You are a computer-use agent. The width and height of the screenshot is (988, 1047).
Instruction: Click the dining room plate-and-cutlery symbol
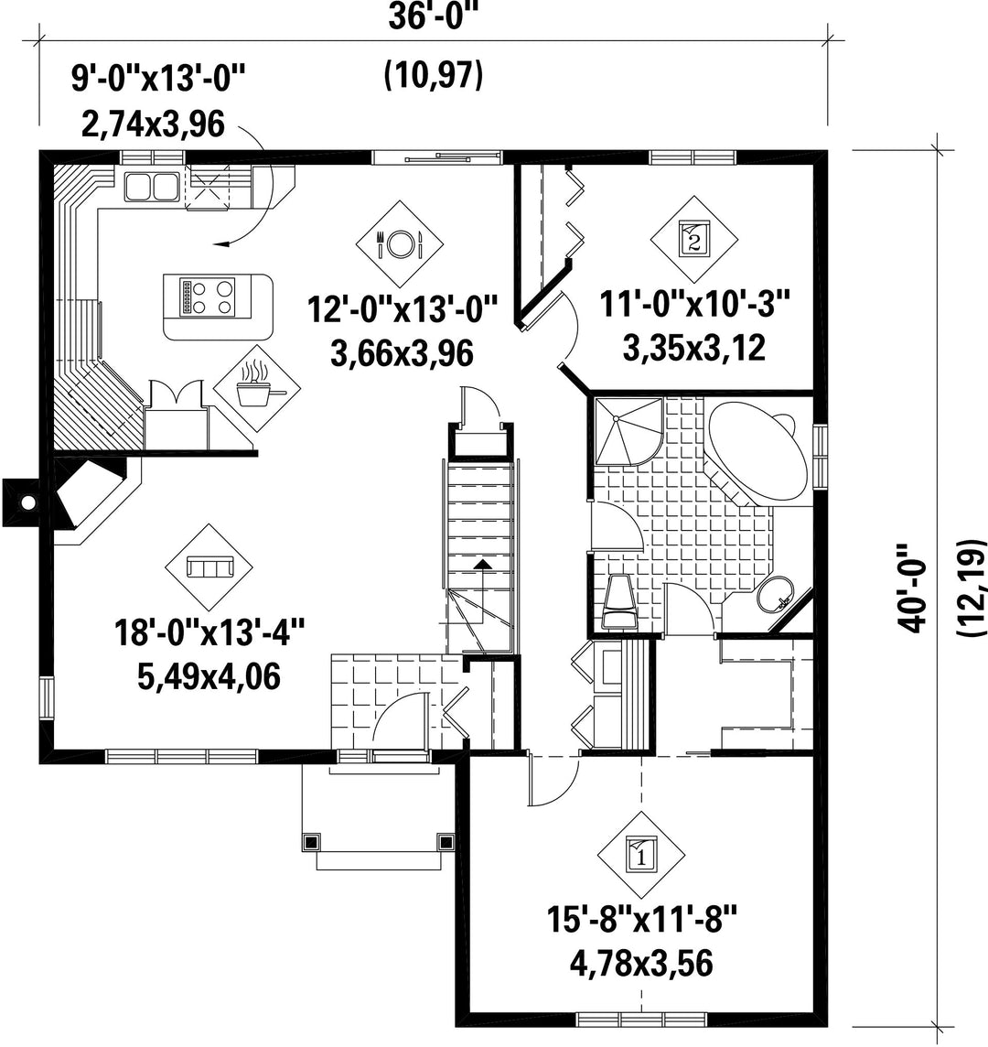400,243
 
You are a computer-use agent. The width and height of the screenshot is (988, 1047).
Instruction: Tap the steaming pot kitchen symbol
258,389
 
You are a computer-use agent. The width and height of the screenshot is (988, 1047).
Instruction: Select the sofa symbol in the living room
209,567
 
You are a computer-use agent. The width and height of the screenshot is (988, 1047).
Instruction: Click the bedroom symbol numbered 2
694,239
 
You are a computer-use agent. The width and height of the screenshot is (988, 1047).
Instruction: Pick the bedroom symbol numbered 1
641,855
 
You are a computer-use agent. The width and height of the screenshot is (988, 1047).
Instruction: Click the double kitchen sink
151,187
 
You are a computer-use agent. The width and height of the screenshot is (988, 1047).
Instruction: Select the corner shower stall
628,431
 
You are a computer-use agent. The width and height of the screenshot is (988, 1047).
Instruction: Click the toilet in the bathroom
618,600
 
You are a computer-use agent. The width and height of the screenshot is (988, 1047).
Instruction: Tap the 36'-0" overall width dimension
435,17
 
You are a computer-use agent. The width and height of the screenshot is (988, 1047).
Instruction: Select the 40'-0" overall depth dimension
913,588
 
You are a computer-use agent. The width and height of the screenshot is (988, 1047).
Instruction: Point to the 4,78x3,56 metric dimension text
641,964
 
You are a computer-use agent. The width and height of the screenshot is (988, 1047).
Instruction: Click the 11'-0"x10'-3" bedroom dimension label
695,305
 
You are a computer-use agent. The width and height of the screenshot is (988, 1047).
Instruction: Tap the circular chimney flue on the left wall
27,502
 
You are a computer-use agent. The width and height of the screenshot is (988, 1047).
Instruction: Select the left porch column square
310,841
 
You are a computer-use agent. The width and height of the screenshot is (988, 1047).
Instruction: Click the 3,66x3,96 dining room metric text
402,354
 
